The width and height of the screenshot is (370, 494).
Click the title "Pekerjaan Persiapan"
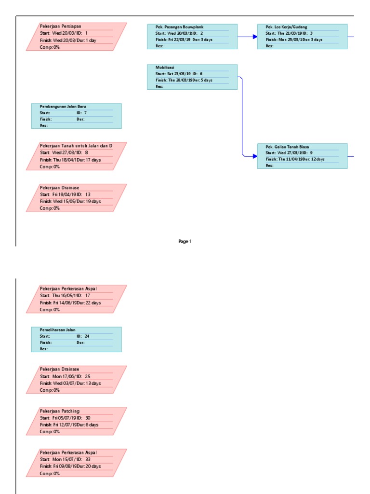pos(60,27)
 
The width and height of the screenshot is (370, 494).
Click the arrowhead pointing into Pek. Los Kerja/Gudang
pos(254,36)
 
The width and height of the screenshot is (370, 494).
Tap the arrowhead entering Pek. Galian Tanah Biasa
pos(254,156)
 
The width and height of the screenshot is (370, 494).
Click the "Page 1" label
pos(185,241)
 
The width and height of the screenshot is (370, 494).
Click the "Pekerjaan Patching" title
pos(60,411)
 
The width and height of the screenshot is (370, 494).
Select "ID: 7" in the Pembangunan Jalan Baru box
pos(81,112)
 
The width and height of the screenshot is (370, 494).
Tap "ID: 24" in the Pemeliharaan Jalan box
pos(83,336)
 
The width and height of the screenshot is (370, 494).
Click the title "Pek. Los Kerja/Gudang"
pos(286,27)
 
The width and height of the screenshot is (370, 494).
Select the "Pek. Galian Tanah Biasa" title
pos(288,147)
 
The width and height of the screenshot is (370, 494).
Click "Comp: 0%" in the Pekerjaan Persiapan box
pos(50,47)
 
